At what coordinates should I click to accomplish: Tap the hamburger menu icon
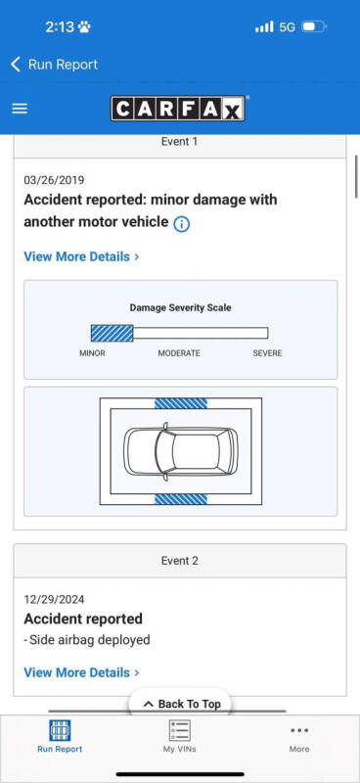(x=20, y=109)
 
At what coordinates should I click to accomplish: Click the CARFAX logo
(x=178, y=109)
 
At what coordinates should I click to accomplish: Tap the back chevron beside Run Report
(x=16, y=65)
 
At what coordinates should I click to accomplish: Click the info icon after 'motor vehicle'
(x=181, y=225)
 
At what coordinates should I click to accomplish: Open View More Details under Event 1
(x=81, y=256)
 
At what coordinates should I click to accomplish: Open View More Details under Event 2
(x=81, y=672)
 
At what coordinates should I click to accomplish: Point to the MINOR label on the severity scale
(x=92, y=353)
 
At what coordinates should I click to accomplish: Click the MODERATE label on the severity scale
(x=179, y=353)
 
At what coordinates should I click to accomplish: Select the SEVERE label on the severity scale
(x=267, y=353)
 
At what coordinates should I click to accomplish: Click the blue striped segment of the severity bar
(x=112, y=333)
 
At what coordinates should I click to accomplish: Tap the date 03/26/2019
(x=54, y=180)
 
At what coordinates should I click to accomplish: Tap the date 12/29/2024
(x=54, y=599)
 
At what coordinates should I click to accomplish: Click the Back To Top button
(x=182, y=704)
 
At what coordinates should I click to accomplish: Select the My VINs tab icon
(x=179, y=730)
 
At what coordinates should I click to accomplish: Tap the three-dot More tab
(x=299, y=730)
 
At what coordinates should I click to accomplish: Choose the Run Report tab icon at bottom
(x=60, y=730)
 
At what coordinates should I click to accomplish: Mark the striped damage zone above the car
(x=181, y=403)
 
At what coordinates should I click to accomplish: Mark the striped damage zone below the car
(x=181, y=499)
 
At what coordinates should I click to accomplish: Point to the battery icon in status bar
(x=314, y=26)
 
